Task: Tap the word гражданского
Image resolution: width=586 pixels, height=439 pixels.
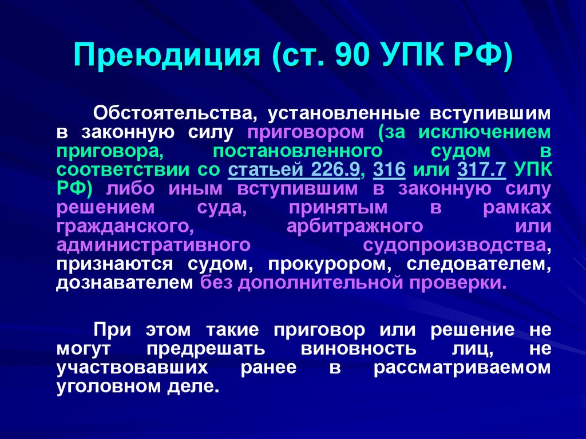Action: [x=122, y=226]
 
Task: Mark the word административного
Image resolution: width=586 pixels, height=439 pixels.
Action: [x=155, y=245]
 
